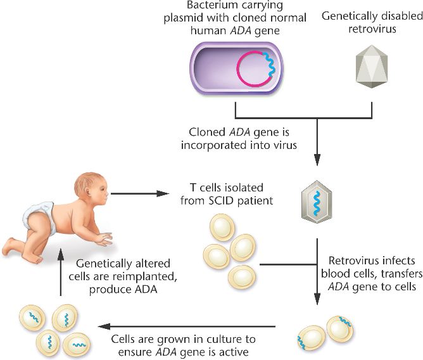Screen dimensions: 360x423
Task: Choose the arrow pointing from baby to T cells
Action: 146,194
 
